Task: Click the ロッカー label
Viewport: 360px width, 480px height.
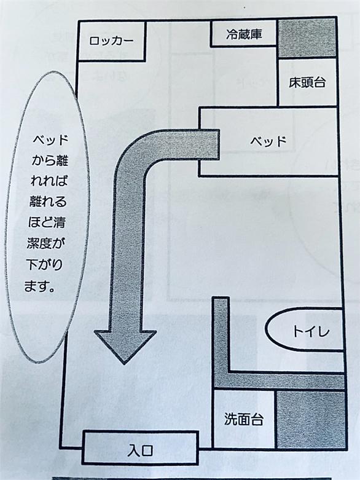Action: coord(111,41)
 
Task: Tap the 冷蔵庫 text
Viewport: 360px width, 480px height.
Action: coord(244,34)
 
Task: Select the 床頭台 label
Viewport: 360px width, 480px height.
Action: coord(307,82)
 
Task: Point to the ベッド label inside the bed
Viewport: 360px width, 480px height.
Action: coord(268,141)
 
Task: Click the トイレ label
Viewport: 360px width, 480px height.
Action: coord(311,331)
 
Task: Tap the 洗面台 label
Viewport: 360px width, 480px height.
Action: coord(244,419)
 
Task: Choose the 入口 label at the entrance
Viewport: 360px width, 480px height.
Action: coord(141,450)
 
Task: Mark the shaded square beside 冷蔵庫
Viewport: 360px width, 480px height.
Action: coord(307,38)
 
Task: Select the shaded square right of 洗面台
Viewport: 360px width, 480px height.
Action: coord(311,419)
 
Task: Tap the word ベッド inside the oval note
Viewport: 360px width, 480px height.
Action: coord(50,140)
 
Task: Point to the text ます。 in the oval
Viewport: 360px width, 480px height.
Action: coord(40,286)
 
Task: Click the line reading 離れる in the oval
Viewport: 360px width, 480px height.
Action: coord(48,202)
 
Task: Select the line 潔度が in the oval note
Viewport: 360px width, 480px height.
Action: coord(46,243)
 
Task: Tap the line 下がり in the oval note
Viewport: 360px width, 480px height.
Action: coord(44,264)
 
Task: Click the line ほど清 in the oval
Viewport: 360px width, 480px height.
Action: coord(47,222)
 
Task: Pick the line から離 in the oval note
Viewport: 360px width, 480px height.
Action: coord(50,160)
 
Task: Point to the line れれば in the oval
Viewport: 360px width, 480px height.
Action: coord(49,181)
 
